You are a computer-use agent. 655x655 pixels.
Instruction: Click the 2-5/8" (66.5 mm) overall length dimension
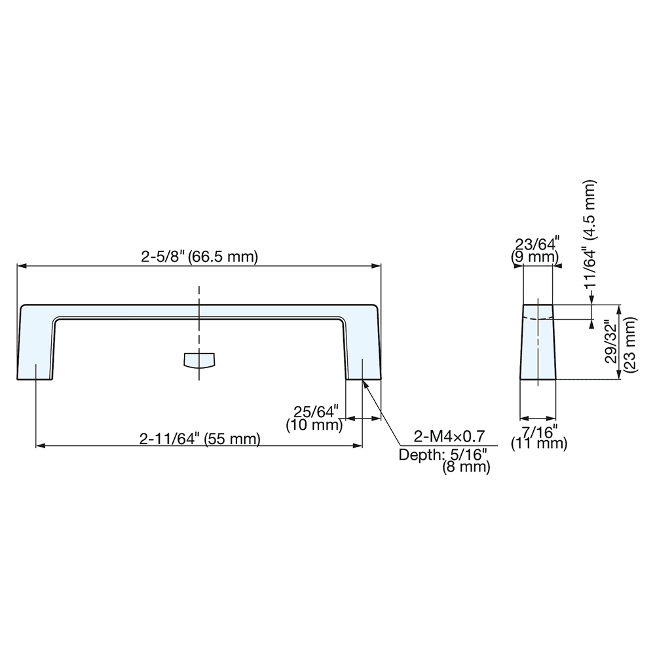point(200,257)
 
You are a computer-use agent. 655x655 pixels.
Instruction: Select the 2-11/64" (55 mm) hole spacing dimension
point(200,439)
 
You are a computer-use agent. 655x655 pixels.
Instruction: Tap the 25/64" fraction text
point(315,413)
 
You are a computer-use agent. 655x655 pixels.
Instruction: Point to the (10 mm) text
point(315,425)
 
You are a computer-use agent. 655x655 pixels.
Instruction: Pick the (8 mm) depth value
point(466,468)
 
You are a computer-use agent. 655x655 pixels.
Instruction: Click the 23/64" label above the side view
point(537,246)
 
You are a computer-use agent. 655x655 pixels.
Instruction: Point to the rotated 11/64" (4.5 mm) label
point(590,236)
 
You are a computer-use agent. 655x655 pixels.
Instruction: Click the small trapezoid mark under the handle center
point(200,360)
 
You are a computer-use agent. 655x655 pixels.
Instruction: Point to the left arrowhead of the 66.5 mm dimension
point(21,266)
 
